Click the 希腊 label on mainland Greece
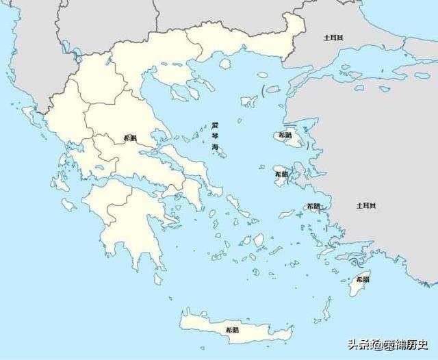[x=129, y=138]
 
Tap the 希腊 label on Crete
[x=232, y=330]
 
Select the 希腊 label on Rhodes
[x=362, y=279]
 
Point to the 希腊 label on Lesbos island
[x=284, y=136]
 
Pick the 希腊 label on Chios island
[x=281, y=175]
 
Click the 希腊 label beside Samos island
[x=313, y=206]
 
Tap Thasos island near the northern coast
[x=224, y=63]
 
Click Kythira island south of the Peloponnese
[x=158, y=279]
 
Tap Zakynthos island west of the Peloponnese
[x=68, y=204]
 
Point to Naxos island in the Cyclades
[x=259, y=240]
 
